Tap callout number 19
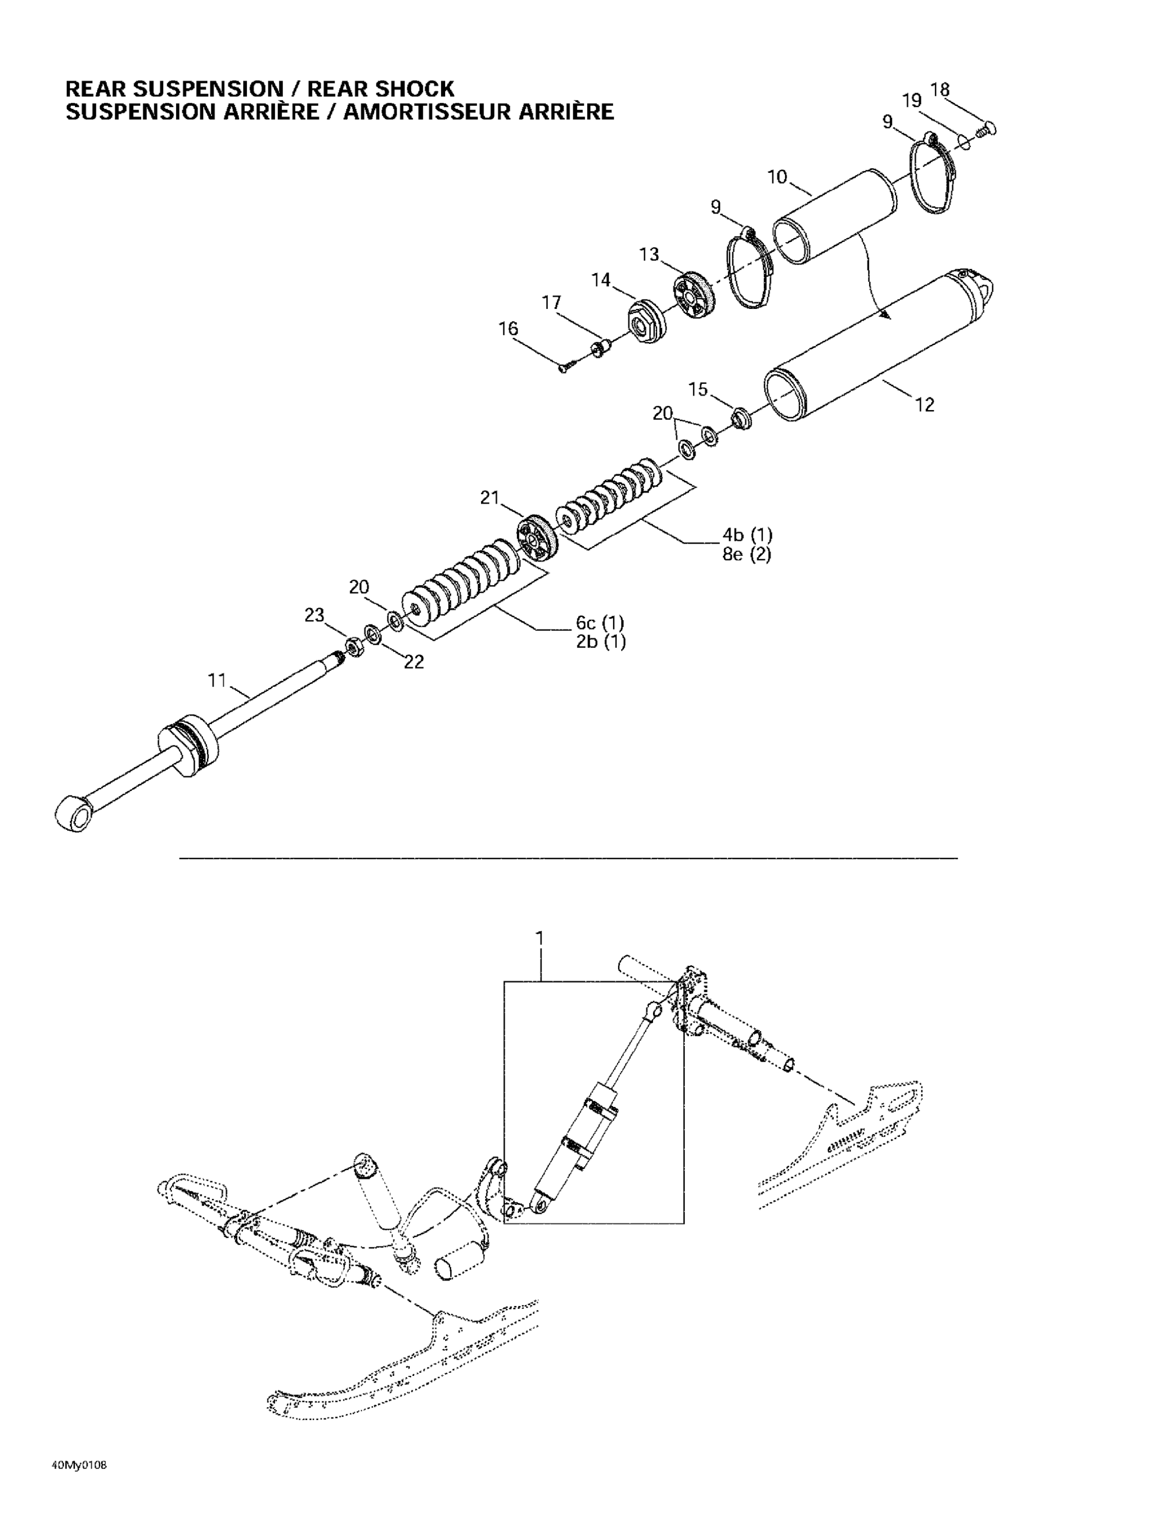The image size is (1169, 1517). coord(911,101)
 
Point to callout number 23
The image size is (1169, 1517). coord(314,615)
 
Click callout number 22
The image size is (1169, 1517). coord(414,662)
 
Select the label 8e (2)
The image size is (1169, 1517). coord(747,554)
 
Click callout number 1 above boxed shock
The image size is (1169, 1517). coord(539,939)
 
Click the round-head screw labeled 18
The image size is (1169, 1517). coord(986,128)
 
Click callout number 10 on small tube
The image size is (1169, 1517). coord(776,177)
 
